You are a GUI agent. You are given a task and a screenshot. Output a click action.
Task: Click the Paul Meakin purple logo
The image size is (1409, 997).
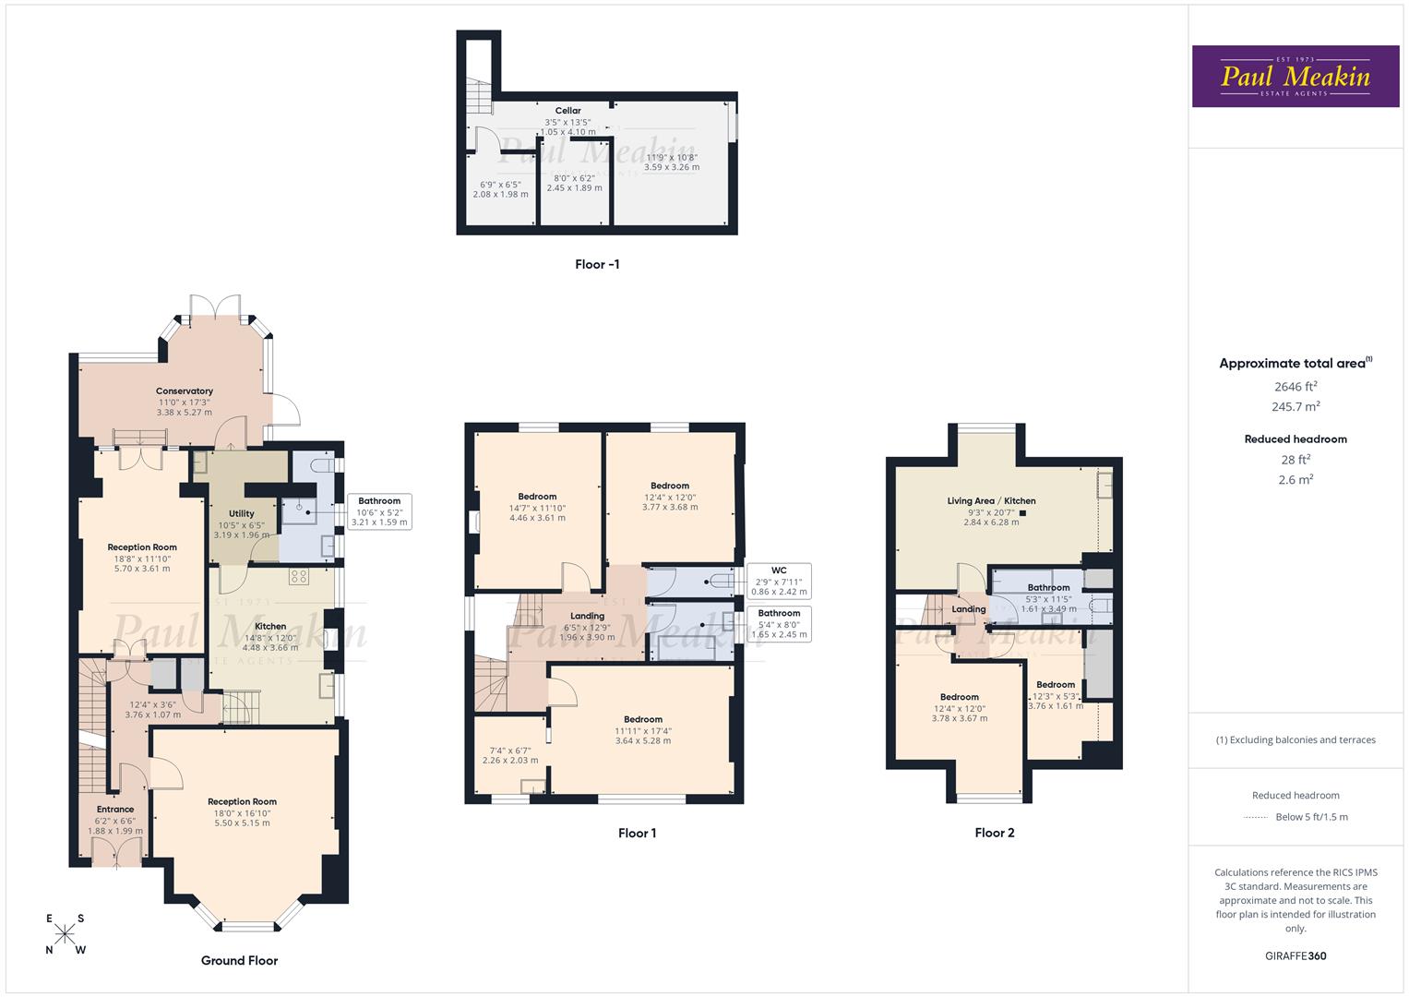pos(1295,76)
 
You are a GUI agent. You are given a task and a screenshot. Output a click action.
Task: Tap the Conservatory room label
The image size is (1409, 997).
pos(185,391)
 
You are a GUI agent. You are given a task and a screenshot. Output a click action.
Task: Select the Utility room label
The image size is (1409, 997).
pos(242,514)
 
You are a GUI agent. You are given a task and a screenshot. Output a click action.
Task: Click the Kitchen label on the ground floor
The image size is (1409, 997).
pos(270,627)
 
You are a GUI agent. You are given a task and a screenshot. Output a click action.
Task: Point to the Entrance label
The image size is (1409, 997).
pos(115,810)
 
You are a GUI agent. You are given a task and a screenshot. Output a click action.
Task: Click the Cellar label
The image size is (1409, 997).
pos(568,111)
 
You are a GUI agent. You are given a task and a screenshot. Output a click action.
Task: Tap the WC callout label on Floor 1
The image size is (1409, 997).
pos(779,570)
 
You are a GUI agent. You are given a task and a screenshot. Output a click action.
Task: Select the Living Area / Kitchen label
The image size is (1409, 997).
pos(991,501)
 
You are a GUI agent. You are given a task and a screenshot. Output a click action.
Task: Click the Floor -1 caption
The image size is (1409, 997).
pos(597,265)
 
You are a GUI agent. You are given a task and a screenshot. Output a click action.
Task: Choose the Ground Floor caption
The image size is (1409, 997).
pos(239,960)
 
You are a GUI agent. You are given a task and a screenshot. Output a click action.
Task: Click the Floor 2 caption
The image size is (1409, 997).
pos(994,833)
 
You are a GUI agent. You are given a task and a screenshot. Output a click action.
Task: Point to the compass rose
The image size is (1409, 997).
pos(65,934)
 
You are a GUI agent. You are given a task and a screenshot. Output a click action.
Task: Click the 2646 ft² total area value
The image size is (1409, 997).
pos(1295,387)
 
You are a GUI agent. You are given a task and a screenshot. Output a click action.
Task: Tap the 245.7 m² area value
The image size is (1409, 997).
pos(1295,406)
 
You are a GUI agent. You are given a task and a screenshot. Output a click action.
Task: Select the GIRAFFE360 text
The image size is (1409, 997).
pos(1296,955)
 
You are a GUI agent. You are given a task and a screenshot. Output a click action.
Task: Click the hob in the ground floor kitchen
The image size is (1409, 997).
pos(299,577)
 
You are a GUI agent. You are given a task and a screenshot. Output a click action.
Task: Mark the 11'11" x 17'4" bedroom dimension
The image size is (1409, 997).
pos(643,731)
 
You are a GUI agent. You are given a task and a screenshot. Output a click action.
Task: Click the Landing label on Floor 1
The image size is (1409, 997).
pos(587,616)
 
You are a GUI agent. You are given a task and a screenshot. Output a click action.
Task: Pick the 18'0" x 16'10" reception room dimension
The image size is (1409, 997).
pos(242,812)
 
